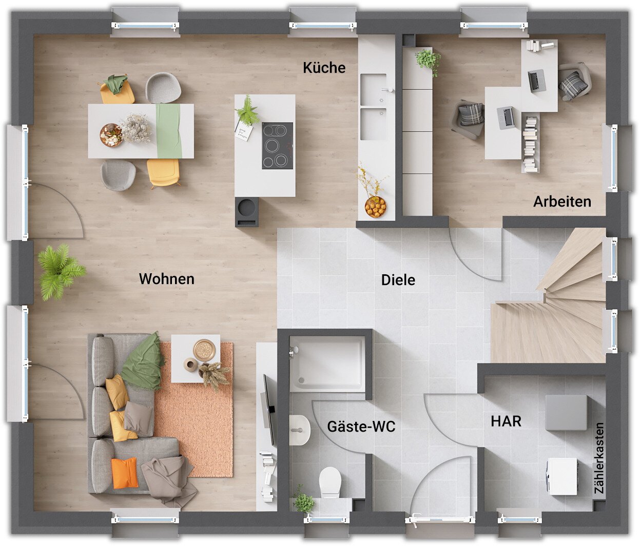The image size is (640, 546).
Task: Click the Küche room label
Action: (324, 68)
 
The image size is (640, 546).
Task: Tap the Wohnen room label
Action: (167, 279)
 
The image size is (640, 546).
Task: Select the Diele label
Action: (398, 279)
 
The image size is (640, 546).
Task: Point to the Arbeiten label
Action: (562, 201)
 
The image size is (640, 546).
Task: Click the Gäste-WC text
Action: (361, 426)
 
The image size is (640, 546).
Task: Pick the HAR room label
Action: (506, 421)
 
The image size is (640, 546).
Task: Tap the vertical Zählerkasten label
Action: (599, 458)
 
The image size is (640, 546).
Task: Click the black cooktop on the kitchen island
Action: (277, 146)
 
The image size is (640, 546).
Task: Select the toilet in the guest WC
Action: (330, 482)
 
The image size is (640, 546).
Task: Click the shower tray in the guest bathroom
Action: (327, 364)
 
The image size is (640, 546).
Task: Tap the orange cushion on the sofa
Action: (125, 473)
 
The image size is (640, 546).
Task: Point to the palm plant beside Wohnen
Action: (61, 272)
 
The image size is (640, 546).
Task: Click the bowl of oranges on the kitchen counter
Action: (375, 206)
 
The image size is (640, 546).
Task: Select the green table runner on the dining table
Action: (169, 131)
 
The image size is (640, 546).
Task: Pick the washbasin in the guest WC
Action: (299, 430)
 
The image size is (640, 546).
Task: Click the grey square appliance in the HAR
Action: (566, 413)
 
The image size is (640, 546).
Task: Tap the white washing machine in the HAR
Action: (562, 476)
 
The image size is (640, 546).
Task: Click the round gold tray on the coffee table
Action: (204, 350)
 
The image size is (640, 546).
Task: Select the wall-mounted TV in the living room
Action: (268, 410)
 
